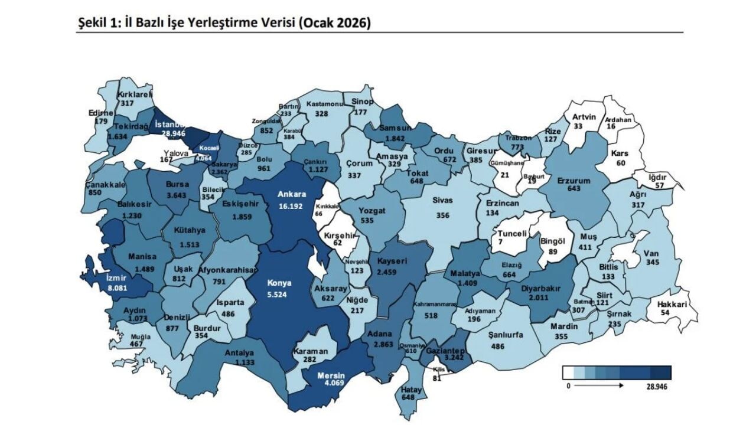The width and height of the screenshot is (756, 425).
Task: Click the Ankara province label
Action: point(293,194)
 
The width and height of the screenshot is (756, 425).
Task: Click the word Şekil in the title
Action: point(91,23)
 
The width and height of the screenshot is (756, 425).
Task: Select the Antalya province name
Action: point(239,354)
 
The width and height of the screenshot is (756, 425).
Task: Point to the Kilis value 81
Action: point(437,378)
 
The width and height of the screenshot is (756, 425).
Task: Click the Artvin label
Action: point(584,117)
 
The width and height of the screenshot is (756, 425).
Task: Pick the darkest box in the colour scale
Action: point(661,372)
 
